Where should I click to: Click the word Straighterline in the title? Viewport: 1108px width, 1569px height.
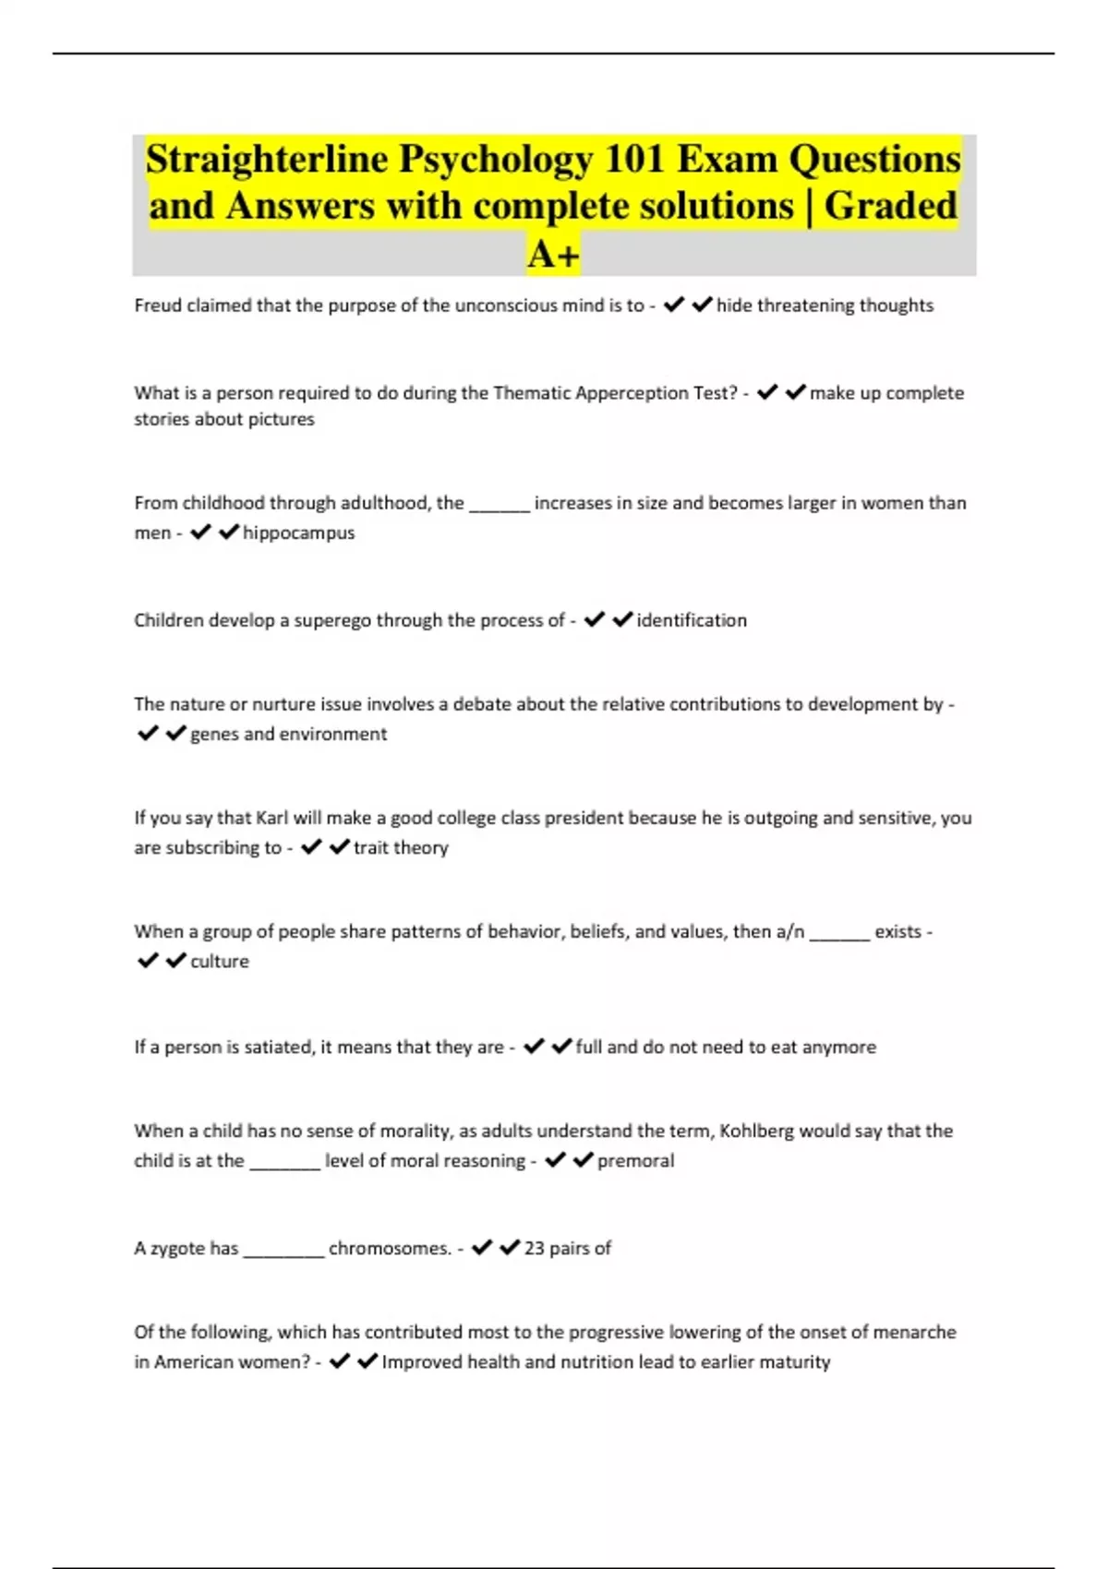tap(266, 160)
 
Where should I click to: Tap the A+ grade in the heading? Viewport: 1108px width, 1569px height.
tap(553, 254)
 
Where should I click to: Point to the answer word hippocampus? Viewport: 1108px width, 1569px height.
tap(298, 533)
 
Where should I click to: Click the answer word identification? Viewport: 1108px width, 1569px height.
tap(692, 620)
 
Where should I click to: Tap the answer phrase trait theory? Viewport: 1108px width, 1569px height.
tap(401, 847)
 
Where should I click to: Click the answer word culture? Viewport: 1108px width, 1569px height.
tap(220, 961)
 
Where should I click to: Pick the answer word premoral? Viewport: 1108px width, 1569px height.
tap(635, 1160)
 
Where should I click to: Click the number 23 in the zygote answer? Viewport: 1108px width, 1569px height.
tap(535, 1248)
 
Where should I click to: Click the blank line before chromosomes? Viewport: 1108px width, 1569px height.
tap(283, 1251)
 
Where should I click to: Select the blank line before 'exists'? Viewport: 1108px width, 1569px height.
tap(839, 934)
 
